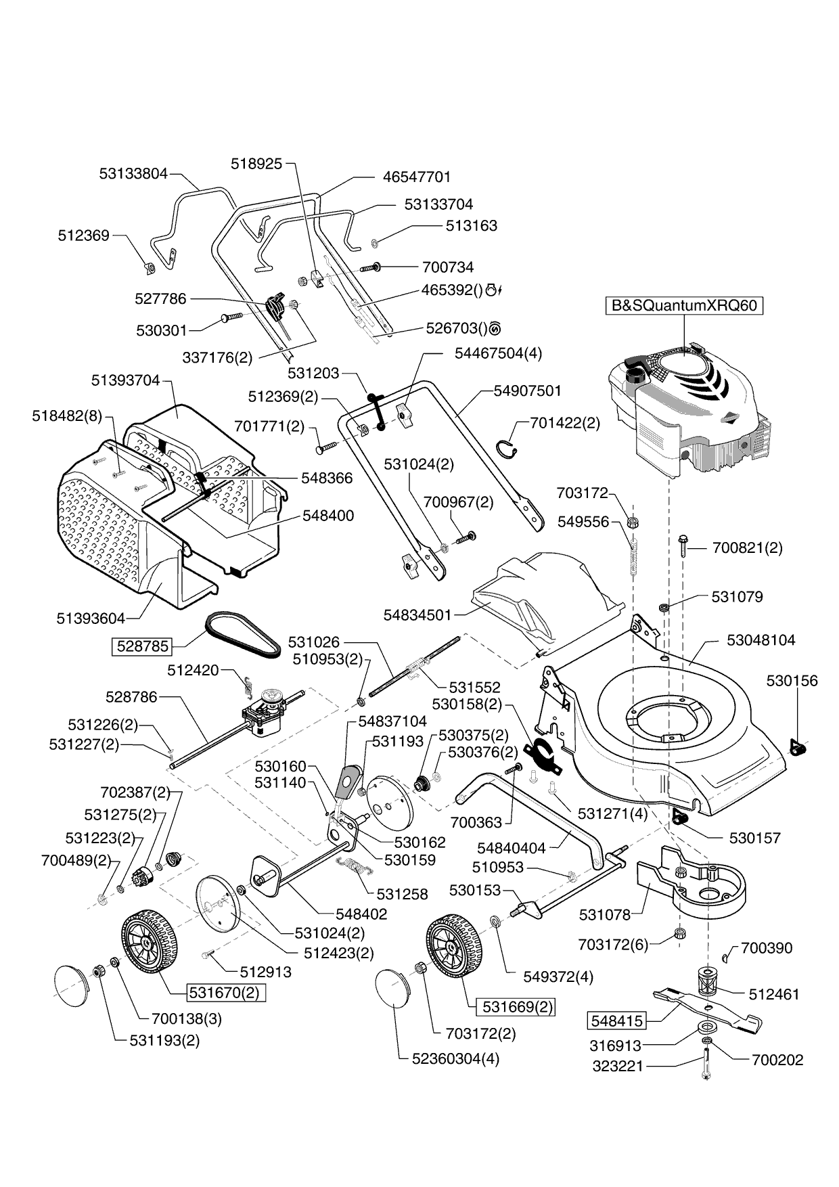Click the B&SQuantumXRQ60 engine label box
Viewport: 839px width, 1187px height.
pos(683,305)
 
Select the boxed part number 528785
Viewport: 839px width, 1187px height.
pos(142,646)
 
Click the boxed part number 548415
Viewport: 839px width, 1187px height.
pos(616,1020)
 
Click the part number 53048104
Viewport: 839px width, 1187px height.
pos(761,640)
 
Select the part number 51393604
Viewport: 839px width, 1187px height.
pos(91,618)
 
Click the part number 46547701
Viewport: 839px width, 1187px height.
pos(417,177)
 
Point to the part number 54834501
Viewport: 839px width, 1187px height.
pos(417,615)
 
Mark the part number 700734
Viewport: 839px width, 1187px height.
pos(447,267)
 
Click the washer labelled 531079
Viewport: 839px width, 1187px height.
pos(664,606)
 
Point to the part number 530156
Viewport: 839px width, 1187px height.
pos(792,681)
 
